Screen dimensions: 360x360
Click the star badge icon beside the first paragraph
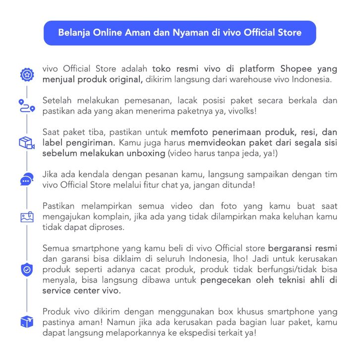point(26,75)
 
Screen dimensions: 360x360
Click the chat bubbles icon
point(26,179)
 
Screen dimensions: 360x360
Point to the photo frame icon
point(26,217)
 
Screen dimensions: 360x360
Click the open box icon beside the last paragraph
point(26,321)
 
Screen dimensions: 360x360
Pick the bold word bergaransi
point(291,247)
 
